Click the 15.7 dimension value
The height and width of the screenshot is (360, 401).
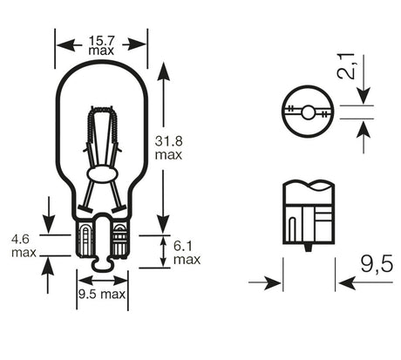(102, 40)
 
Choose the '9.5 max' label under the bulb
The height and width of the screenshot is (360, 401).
(102, 294)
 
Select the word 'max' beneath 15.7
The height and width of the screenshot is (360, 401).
(102, 51)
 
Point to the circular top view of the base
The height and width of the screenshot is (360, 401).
(309, 112)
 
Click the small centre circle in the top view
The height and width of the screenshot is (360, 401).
(309, 112)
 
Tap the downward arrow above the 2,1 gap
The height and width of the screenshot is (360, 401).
(364, 98)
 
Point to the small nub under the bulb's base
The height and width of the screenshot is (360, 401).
(102, 261)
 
